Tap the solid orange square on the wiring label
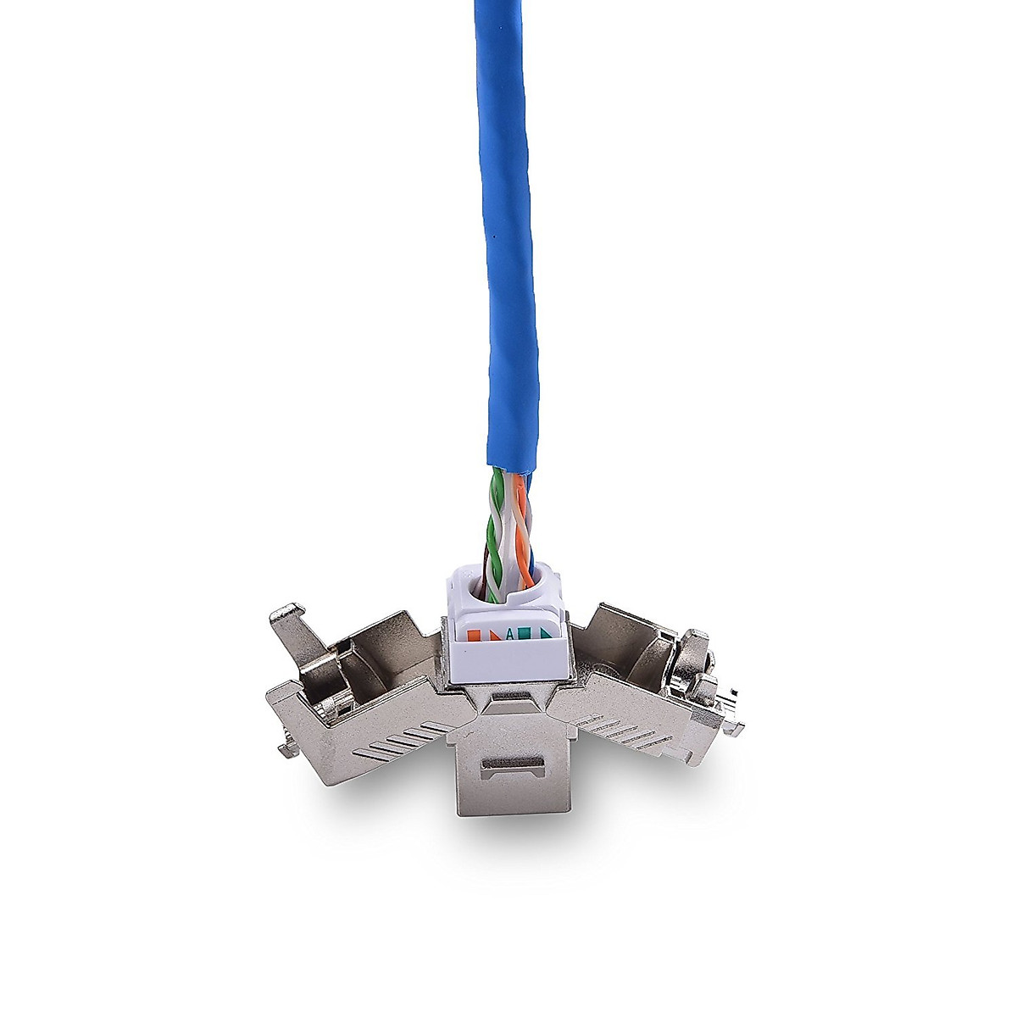pyautogui.click(x=494, y=634)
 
